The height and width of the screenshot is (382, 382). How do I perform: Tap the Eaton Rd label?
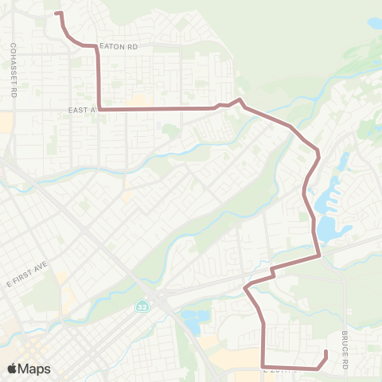coord(120,48)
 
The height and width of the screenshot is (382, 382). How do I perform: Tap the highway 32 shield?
coord(141,306)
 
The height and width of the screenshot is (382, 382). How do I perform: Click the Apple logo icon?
coord(13,368)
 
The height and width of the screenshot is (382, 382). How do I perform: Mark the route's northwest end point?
coord(56,13)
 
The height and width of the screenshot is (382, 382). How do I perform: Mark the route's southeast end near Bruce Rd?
coord(326,353)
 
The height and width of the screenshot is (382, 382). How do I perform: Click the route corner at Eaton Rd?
coord(97,47)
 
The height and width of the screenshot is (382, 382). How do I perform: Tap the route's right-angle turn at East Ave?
coord(99,108)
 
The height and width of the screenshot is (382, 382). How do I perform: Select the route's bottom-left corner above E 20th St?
coord(263,368)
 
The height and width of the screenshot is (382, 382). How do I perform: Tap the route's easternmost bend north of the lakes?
coord(318,151)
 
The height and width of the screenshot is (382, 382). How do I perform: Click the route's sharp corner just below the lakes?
coord(319,256)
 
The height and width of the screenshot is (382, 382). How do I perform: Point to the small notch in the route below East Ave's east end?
coord(273,273)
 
